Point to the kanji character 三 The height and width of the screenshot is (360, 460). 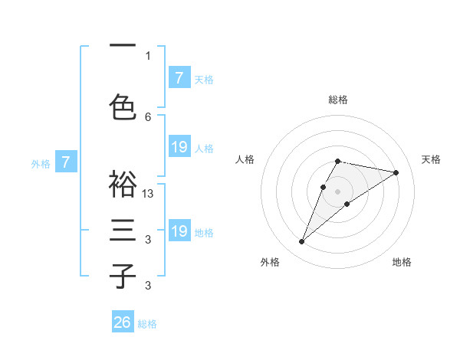[x=122, y=231]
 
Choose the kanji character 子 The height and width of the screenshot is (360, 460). [x=122, y=276]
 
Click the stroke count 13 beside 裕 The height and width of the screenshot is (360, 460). [x=148, y=194]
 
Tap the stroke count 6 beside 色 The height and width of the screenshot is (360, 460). [x=148, y=116]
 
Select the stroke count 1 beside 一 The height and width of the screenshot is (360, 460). [x=148, y=55]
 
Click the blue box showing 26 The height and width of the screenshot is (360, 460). [x=123, y=322]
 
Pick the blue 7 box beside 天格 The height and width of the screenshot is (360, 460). [x=179, y=78]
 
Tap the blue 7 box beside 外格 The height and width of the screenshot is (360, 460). [x=66, y=162]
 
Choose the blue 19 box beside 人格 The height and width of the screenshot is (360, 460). [x=179, y=147]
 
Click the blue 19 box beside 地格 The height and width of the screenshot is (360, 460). [x=179, y=231]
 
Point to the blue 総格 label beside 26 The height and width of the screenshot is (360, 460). [x=147, y=324]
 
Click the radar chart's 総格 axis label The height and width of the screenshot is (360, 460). [x=337, y=100]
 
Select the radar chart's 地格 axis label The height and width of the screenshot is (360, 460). [x=402, y=262]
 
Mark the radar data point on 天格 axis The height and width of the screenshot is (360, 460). [x=396, y=172]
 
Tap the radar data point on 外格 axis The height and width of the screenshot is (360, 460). [x=302, y=242]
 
